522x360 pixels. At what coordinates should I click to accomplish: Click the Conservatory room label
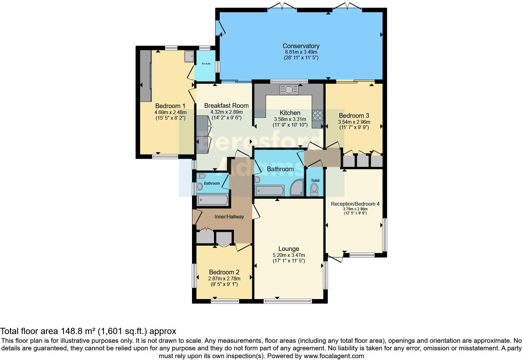301,46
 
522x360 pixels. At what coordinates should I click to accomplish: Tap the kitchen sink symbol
289,90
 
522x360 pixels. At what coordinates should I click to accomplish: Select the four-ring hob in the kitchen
318,115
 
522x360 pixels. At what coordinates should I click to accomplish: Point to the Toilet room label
315,181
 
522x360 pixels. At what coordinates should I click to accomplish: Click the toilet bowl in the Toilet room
314,189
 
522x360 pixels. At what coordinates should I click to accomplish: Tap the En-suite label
206,63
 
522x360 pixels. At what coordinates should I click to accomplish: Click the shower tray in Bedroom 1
189,57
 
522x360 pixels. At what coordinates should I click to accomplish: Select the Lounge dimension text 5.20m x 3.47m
288,255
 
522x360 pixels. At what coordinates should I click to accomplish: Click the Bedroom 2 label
224,272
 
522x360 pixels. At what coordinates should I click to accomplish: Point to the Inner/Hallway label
229,217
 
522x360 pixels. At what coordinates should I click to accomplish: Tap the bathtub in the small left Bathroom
213,200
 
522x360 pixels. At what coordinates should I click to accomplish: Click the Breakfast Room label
226,106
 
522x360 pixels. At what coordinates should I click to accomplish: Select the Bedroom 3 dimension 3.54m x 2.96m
354,122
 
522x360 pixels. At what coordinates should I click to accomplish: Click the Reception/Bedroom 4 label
355,204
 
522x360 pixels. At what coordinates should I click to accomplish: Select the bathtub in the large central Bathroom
270,190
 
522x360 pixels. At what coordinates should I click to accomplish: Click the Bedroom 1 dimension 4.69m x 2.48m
170,112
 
